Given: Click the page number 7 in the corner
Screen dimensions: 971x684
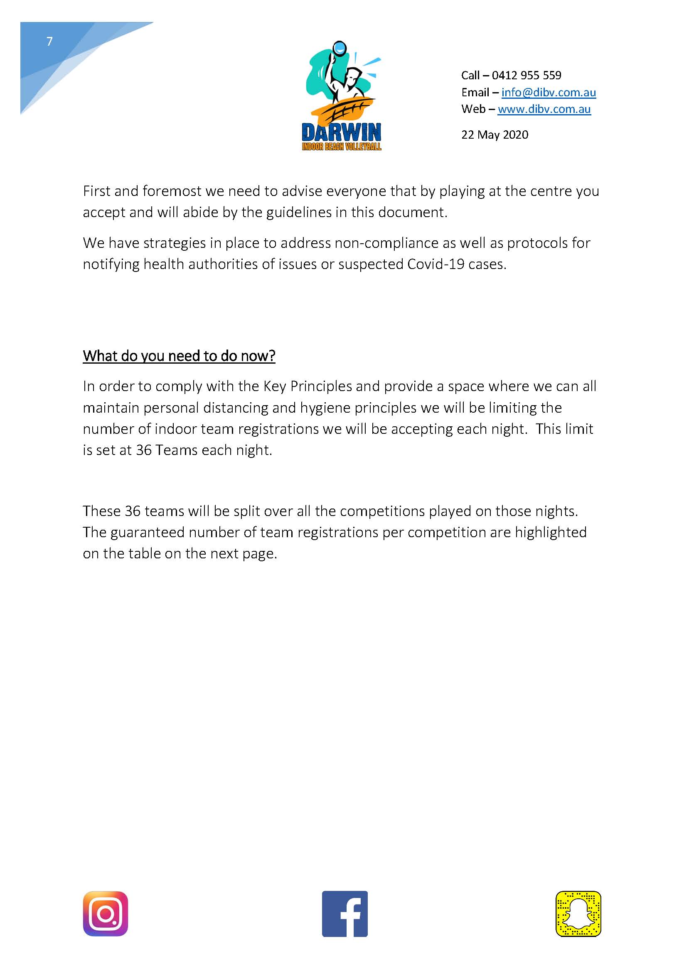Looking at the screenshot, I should click(49, 41).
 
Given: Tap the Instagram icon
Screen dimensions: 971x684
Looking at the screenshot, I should click(106, 913).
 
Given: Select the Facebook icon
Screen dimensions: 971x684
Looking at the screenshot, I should click(344, 913).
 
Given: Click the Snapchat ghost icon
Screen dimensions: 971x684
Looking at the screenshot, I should click(578, 913).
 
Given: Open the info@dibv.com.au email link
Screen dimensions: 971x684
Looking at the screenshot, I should click(549, 92).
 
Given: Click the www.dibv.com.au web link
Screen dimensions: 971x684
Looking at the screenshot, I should click(544, 109).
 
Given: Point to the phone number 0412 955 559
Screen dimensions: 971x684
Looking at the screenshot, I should click(526, 75).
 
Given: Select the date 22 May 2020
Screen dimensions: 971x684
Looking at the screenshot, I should click(495, 135).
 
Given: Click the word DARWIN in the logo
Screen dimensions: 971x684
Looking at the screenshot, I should click(341, 133).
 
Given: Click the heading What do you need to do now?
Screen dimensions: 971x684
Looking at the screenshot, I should click(179, 356).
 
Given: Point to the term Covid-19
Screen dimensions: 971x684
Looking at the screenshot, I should click(436, 264).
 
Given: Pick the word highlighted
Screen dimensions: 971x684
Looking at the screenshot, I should click(551, 532).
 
